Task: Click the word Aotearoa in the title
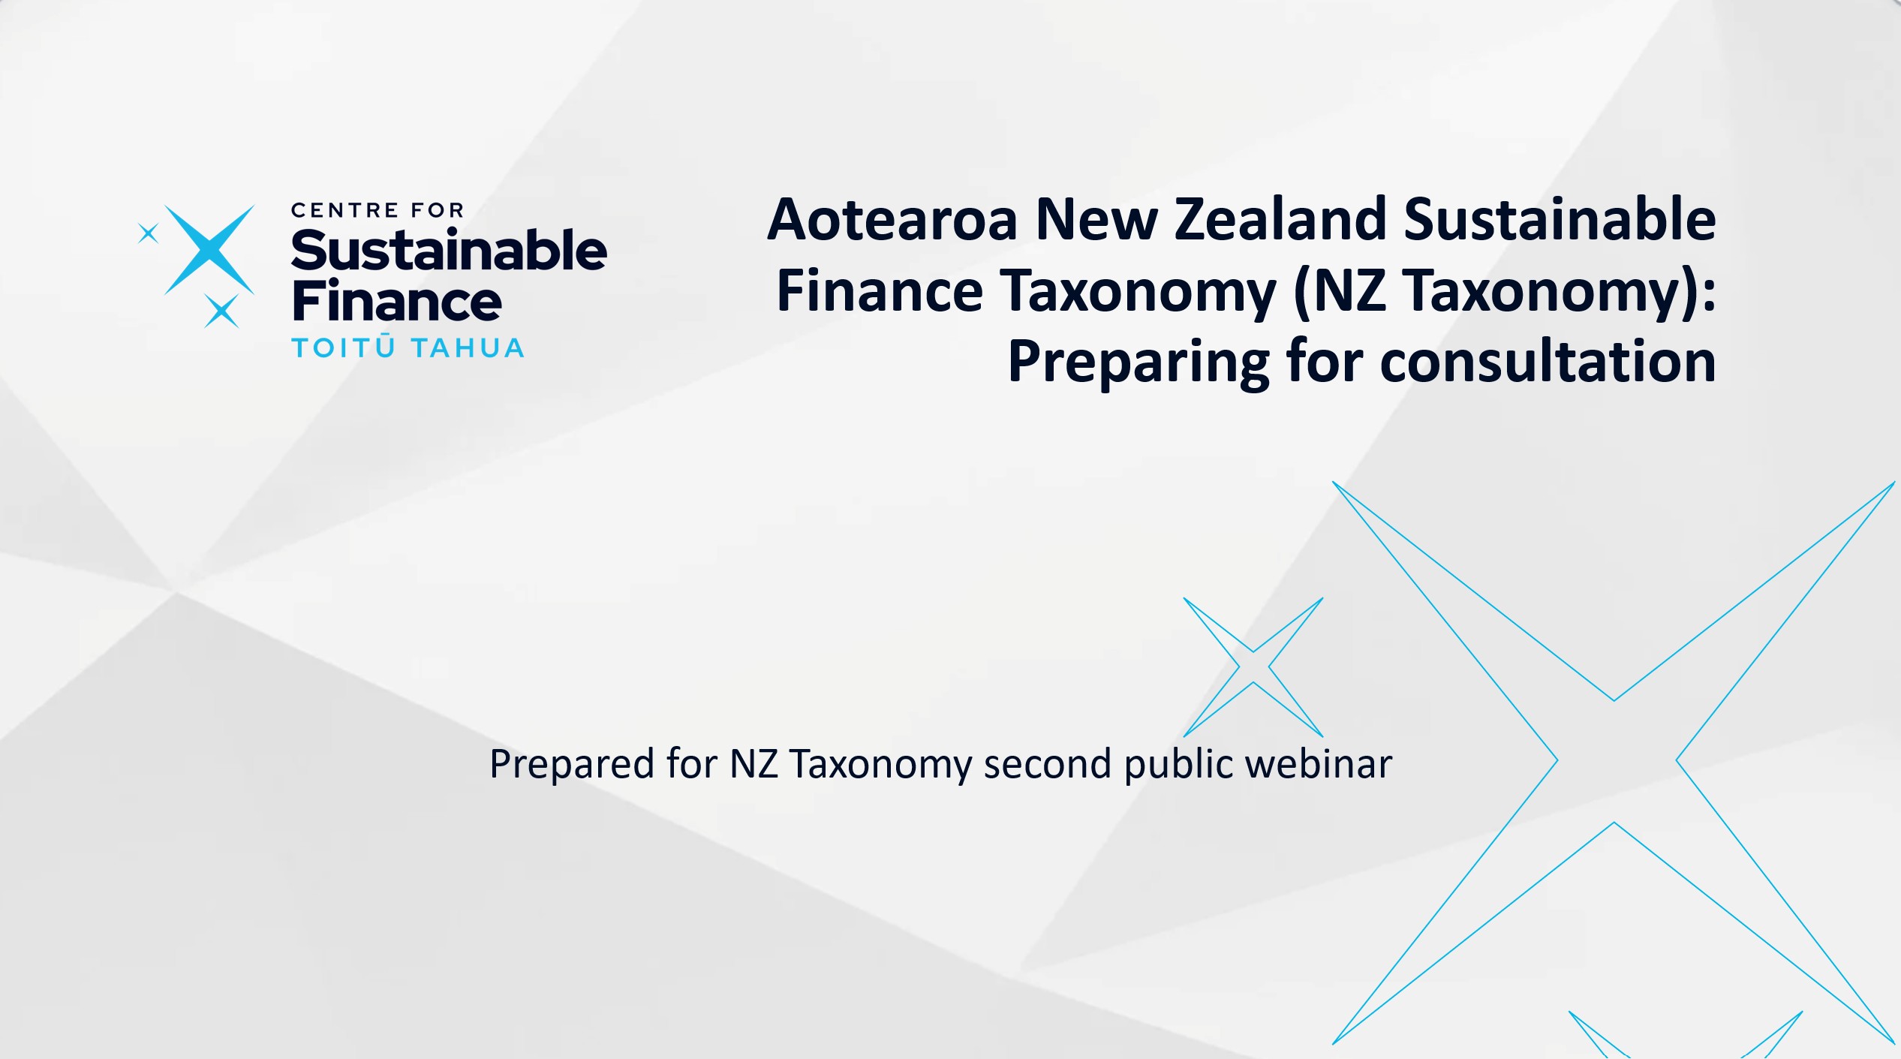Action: tap(892, 219)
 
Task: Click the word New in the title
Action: tap(1096, 219)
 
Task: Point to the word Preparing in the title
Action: tap(1138, 363)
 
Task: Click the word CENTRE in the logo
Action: tap(344, 210)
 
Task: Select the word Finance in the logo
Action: tap(396, 300)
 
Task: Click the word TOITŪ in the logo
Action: tap(343, 347)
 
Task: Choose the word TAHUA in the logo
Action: tap(468, 348)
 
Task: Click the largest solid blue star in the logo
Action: tap(209, 249)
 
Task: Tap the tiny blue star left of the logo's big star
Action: tap(149, 233)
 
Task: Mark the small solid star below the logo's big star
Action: tap(221, 311)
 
